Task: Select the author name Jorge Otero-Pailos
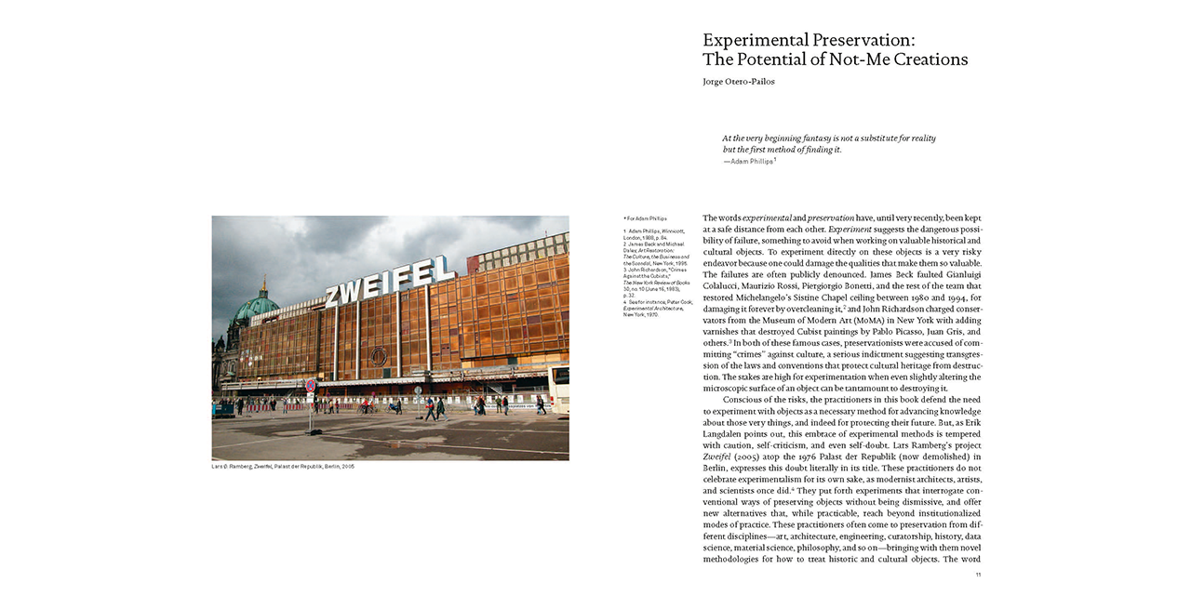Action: (740, 82)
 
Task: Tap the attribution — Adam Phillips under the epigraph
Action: (750, 161)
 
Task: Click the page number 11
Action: (978, 575)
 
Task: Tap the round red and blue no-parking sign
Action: (311, 385)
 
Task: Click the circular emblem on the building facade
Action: (379, 356)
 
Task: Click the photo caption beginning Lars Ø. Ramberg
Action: (283, 466)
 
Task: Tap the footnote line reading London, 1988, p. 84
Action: (646, 237)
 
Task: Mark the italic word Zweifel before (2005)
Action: (717, 457)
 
